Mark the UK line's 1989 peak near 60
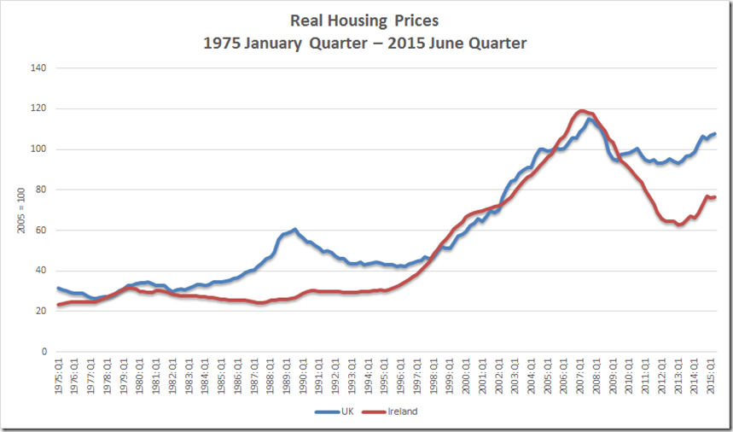[294, 230]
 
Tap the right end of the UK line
[715, 134]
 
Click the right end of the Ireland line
[715, 197]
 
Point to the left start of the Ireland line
[58, 305]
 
